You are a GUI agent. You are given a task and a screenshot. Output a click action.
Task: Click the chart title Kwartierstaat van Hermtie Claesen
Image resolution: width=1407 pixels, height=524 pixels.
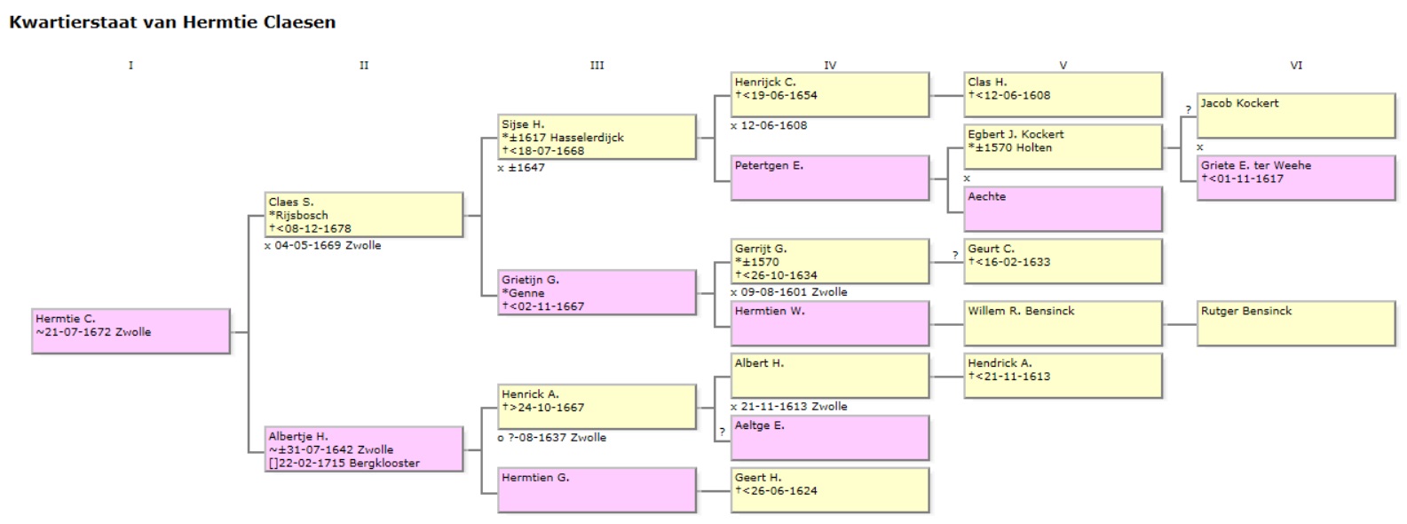pos(172,22)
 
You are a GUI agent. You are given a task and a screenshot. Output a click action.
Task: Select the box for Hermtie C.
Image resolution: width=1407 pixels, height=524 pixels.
pos(130,331)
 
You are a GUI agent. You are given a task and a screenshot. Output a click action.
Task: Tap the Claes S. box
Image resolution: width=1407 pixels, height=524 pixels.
pos(364,215)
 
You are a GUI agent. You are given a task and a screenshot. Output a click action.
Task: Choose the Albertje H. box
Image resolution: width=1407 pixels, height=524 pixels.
pos(364,449)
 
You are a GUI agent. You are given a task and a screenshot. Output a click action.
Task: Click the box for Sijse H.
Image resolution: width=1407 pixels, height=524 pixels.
pos(597,137)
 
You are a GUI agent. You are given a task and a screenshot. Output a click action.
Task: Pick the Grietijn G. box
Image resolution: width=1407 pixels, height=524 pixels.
pos(597,293)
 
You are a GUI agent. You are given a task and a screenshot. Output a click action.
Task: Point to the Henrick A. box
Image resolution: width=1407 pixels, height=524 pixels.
pos(597,407)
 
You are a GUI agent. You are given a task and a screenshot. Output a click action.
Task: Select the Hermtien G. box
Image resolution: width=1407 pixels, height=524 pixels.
pos(597,490)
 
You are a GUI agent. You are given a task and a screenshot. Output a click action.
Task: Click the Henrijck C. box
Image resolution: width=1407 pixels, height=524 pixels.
pos(830,94)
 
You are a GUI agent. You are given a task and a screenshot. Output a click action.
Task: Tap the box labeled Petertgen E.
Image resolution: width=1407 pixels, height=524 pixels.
pos(830,178)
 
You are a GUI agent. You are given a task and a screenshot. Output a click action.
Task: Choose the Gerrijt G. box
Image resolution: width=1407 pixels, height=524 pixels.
pos(830,261)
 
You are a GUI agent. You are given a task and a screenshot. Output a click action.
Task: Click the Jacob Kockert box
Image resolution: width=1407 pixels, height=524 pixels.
pos(1296,115)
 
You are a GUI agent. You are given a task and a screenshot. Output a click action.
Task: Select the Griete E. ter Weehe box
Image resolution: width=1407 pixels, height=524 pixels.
pos(1296,178)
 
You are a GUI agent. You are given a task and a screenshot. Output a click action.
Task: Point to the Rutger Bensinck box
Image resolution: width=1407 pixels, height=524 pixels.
pos(1296,323)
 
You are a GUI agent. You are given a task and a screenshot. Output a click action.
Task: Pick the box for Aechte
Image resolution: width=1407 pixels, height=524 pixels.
pos(1063,209)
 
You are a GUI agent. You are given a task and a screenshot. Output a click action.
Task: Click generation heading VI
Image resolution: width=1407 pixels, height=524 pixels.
pos(1296,65)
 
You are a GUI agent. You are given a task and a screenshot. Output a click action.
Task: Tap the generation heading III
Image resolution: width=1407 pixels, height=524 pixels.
pos(597,65)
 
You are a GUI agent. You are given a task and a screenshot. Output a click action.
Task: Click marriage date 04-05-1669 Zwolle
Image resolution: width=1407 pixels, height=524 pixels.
pos(327,245)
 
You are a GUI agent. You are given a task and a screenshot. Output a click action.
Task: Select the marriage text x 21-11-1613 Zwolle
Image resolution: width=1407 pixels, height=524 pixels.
pos(793,406)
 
